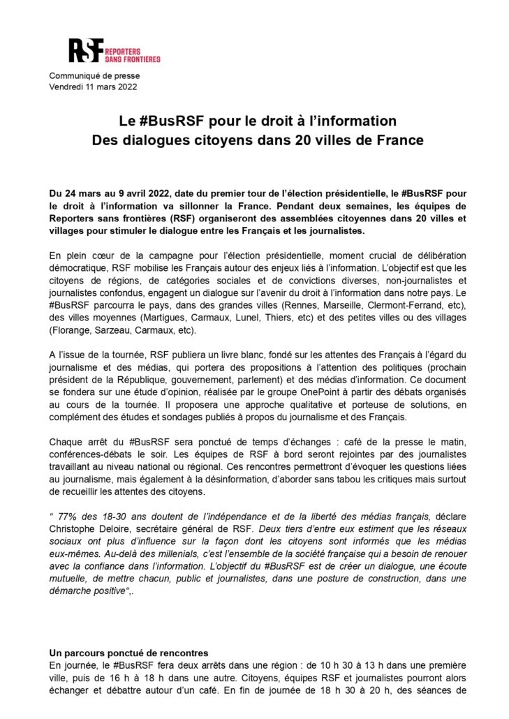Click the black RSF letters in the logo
83,50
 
